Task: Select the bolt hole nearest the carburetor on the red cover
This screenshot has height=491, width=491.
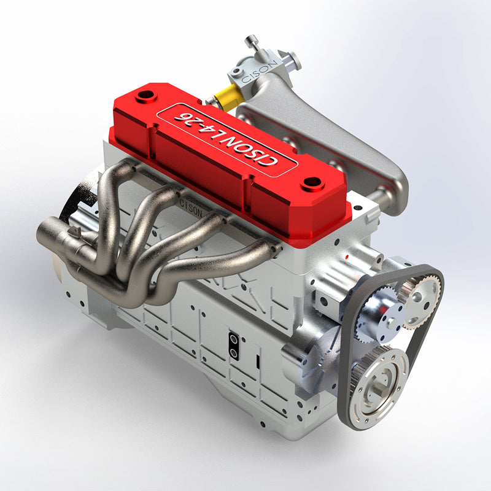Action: point(146,96)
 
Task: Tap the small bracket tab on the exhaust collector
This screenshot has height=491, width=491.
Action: point(75,231)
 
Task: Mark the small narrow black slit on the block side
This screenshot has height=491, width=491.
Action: point(258,361)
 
